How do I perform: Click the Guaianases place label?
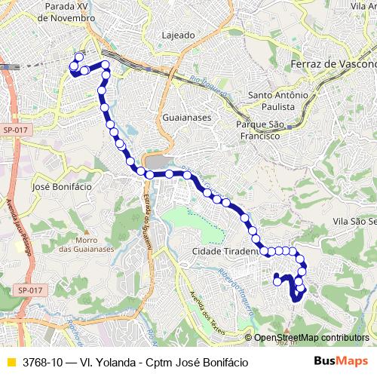(185, 118)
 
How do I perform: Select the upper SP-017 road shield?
(14, 130)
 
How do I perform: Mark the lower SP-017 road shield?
(30, 290)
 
